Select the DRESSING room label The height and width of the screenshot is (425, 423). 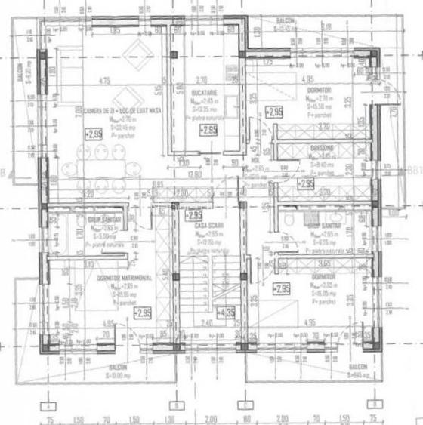pyautogui.click(x=322, y=148)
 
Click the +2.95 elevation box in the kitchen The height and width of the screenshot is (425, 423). pyautogui.click(x=208, y=130)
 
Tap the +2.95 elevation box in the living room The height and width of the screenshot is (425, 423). pyautogui.click(x=94, y=135)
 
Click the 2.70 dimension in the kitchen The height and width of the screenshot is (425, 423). pyautogui.click(x=202, y=80)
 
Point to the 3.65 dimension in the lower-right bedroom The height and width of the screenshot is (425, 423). pyautogui.click(x=325, y=263)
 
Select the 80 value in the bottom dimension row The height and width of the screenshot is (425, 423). pyautogui.click(x=245, y=418)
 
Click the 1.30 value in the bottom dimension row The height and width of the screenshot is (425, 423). pyautogui.click(x=170, y=418)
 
